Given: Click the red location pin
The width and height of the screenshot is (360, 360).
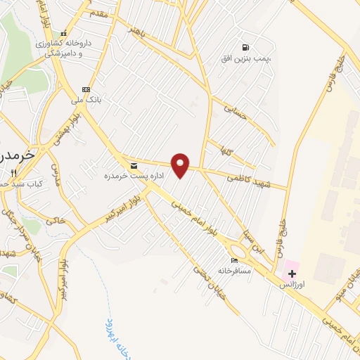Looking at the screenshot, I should click(x=181, y=165).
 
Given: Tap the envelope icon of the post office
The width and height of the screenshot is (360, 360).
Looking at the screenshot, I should click(x=134, y=165).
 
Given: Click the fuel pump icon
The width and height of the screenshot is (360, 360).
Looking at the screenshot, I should click(x=245, y=46).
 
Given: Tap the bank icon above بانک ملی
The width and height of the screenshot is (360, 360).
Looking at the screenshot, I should click(x=86, y=89).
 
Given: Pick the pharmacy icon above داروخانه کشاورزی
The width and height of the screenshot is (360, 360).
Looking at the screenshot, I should click(x=65, y=33).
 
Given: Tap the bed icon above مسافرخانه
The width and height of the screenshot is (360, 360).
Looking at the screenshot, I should click(x=234, y=261).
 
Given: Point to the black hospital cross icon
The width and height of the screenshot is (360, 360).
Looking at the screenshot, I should click(x=292, y=273).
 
